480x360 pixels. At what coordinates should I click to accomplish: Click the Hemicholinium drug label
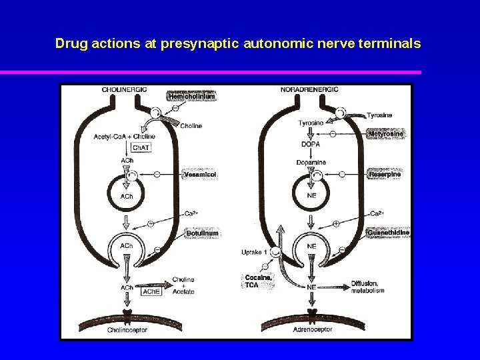click(191, 97)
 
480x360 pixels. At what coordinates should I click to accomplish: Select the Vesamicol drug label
click(201, 175)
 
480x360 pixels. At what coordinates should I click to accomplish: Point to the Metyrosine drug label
click(386, 134)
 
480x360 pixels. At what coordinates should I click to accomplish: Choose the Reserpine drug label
click(385, 175)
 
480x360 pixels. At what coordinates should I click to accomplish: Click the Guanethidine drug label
click(388, 233)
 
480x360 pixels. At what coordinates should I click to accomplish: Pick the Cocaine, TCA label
click(258, 281)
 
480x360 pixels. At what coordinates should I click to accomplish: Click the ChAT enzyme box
click(141, 147)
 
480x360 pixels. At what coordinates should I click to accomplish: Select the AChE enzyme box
click(151, 291)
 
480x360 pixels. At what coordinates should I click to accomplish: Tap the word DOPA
click(311, 144)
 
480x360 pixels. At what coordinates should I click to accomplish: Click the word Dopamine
click(311, 163)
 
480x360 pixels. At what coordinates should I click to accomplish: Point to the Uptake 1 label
click(255, 252)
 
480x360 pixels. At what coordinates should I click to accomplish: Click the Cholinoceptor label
click(126, 330)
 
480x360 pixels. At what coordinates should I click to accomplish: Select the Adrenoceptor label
click(311, 330)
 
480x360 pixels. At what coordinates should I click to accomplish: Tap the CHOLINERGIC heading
click(125, 89)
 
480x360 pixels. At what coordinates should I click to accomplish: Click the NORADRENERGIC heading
click(310, 89)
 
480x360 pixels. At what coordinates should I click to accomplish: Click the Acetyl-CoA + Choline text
click(125, 137)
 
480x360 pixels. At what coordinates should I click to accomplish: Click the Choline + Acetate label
click(183, 285)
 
